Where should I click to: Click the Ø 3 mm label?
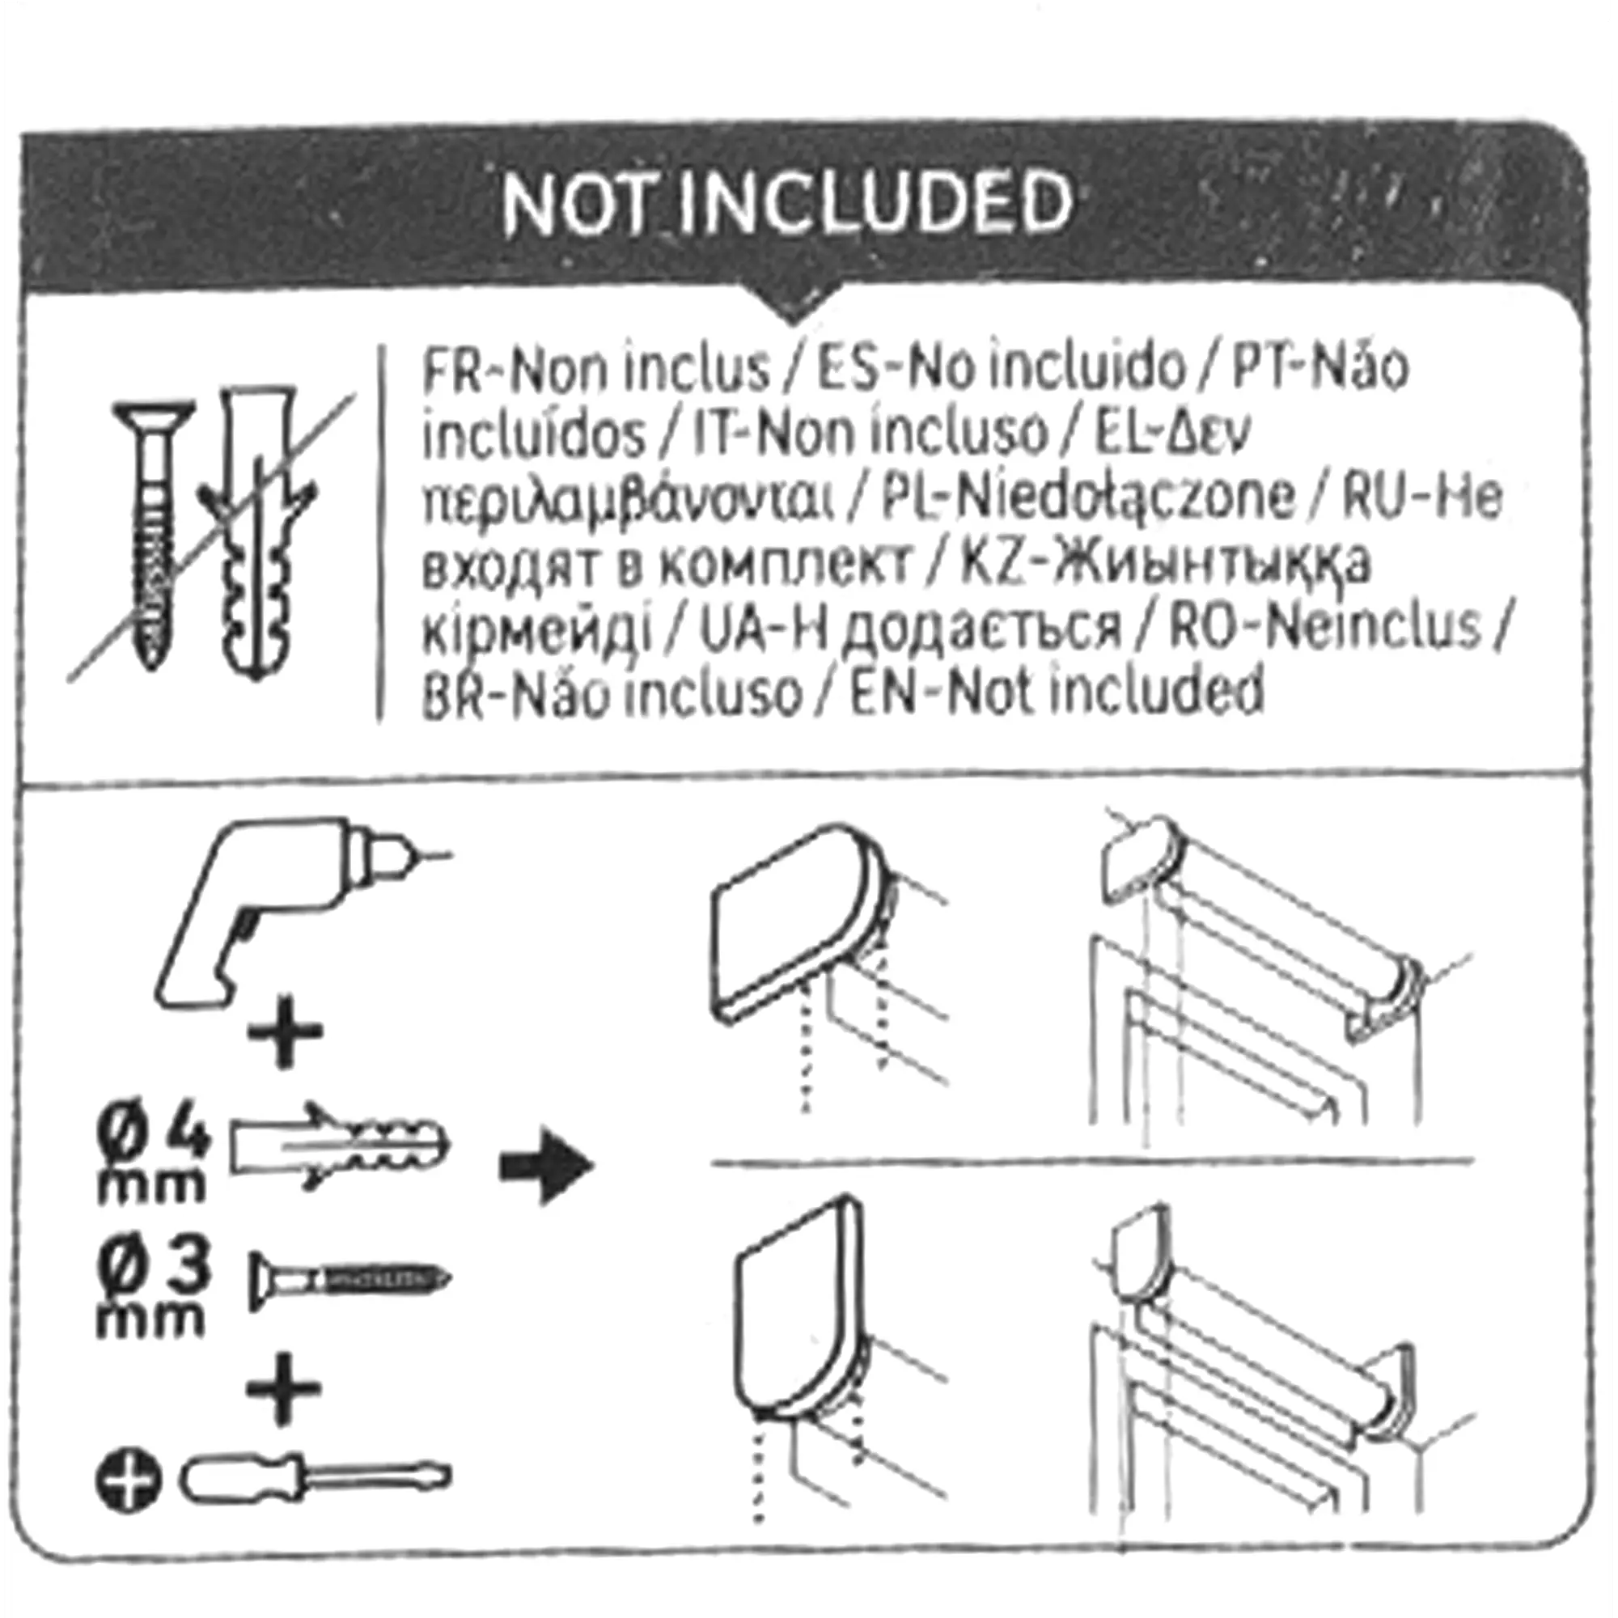click(151, 1290)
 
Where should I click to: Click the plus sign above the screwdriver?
click(284, 1387)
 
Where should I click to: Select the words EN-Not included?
click(1056, 692)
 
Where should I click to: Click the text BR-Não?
click(515, 693)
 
